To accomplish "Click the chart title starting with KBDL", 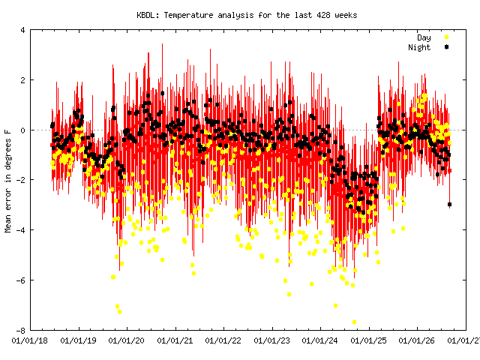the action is pyautogui.click(x=247, y=15).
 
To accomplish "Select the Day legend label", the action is pyautogui.click(x=424, y=37).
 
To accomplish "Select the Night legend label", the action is pyautogui.click(x=419, y=47).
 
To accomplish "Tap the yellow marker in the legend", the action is pyautogui.click(x=447, y=37).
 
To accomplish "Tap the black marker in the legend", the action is pyautogui.click(x=447, y=47).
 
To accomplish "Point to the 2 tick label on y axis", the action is pyautogui.click(x=23, y=80).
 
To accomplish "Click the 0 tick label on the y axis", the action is pyautogui.click(x=23, y=130).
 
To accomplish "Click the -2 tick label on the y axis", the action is pyautogui.click(x=21, y=180).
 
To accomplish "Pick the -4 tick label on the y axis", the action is pyautogui.click(x=21, y=230).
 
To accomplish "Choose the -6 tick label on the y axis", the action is pyautogui.click(x=21, y=280).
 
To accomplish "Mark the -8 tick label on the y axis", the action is pyautogui.click(x=21, y=330).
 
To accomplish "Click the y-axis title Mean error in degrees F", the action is pyautogui.click(x=8, y=181).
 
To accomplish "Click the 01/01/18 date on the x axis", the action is pyautogui.click(x=30, y=340).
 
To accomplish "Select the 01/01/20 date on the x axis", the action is pyautogui.click(x=127, y=340).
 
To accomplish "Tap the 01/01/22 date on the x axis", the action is pyautogui.click(x=223, y=340).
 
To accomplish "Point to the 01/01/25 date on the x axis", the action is pyautogui.click(x=369, y=340).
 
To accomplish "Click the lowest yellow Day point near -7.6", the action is pyautogui.click(x=354, y=322).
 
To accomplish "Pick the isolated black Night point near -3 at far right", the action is pyautogui.click(x=449, y=204).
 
